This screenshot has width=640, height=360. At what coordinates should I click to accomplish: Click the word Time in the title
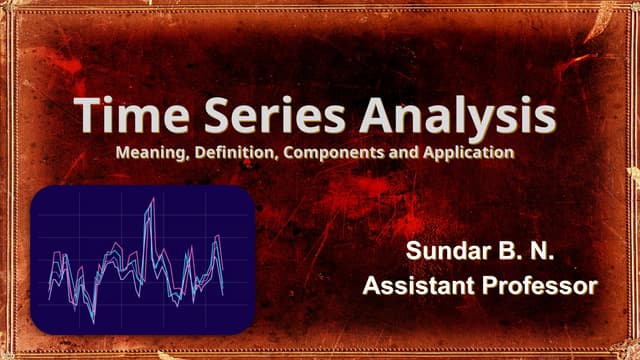tap(130, 117)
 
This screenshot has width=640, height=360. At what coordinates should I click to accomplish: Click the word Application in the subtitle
tap(469, 154)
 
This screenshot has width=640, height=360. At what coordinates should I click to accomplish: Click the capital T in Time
tap(86, 117)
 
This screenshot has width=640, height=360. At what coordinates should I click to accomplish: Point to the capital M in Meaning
tap(123, 153)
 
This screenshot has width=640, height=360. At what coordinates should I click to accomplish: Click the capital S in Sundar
tap(415, 253)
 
